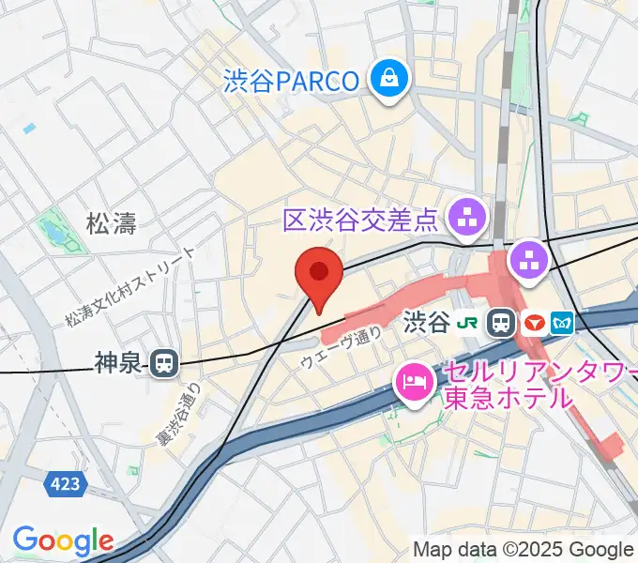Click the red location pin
tap(318, 275)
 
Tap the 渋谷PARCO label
tap(292, 81)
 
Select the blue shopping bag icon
tap(387, 78)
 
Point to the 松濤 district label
tap(111, 223)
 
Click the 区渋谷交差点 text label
tap(361, 221)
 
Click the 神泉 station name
tap(119, 362)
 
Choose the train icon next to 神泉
tap(165, 362)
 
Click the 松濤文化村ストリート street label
tap(131, 286)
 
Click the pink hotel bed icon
tap(413, 382)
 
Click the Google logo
tap(63, 540)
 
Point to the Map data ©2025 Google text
tap(524, 549)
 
